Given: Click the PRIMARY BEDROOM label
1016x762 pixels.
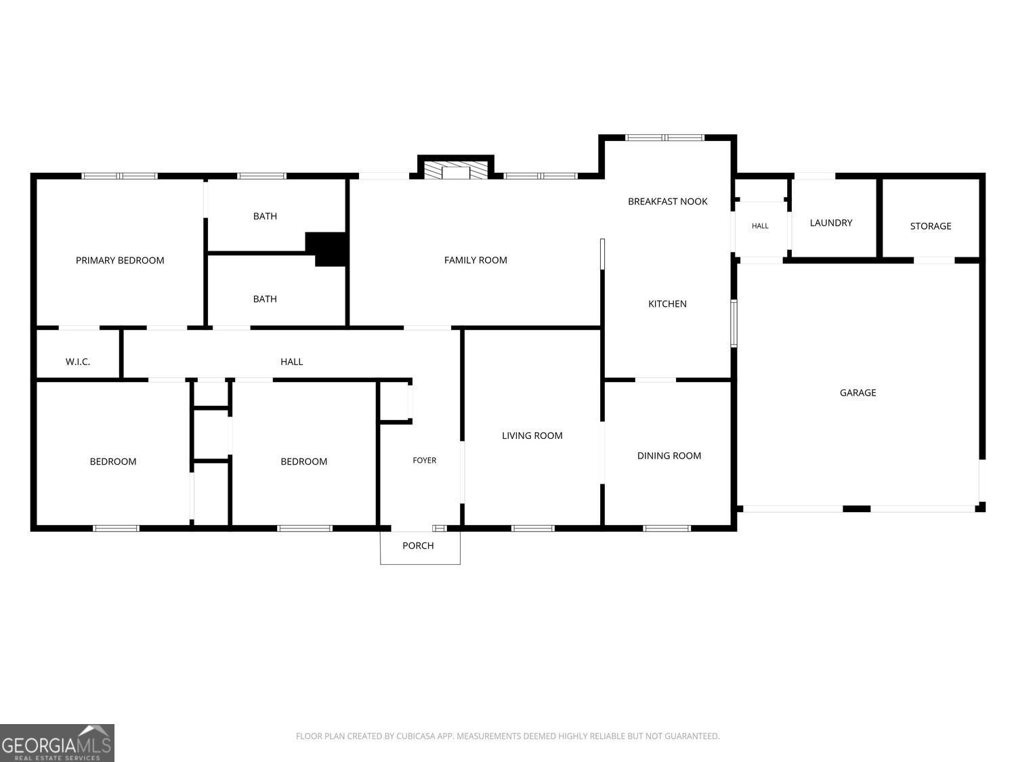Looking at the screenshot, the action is [x=120, y=261].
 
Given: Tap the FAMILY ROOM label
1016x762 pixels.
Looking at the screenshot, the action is [x=475, y=261].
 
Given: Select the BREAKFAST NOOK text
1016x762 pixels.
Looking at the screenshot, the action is [x=667, y=202].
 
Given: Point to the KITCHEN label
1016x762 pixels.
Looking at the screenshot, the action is [x=667, y=304].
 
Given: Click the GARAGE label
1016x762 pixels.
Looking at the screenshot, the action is [x=858, y=393].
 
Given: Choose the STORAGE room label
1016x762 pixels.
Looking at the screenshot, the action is [x=931, y=226].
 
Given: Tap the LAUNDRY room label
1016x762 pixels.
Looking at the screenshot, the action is [x=831, y=223].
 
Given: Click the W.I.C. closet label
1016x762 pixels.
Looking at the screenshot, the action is [x=78, y=362].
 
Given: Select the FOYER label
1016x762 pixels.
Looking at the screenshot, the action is [x=425, y=461].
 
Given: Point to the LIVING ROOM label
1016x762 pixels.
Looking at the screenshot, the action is [x=532, y=436].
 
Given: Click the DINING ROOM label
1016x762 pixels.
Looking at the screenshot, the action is [x=669, y=456].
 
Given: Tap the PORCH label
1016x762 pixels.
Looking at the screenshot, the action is [x=418, y=546].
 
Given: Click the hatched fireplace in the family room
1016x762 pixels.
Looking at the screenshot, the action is [x=456, y=170].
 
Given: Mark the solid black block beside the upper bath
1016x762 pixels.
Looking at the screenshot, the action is [x=326, y=249].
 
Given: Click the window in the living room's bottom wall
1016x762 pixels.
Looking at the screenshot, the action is [x=533, y=528].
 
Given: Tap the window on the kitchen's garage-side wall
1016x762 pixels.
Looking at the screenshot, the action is [x=734, y=323].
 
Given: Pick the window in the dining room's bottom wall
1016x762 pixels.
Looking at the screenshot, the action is [x=666, y=528].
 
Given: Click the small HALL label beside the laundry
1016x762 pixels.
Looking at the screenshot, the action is [x=760, y=226].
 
